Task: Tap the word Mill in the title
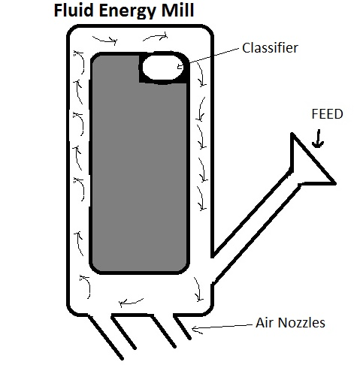[177, 11]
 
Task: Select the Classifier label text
[270, 47]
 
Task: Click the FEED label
[327, 114]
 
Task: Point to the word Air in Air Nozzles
[265, 322]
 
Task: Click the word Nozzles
[301, 322]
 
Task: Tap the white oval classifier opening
[163, 67]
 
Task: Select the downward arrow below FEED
[318, 138]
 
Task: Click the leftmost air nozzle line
[105, 337]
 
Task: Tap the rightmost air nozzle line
[182, 328]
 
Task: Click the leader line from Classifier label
[214, 56]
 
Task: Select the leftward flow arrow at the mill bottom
[130, 303]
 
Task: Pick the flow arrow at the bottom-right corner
[198, 289]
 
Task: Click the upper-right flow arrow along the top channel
[156, 37]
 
